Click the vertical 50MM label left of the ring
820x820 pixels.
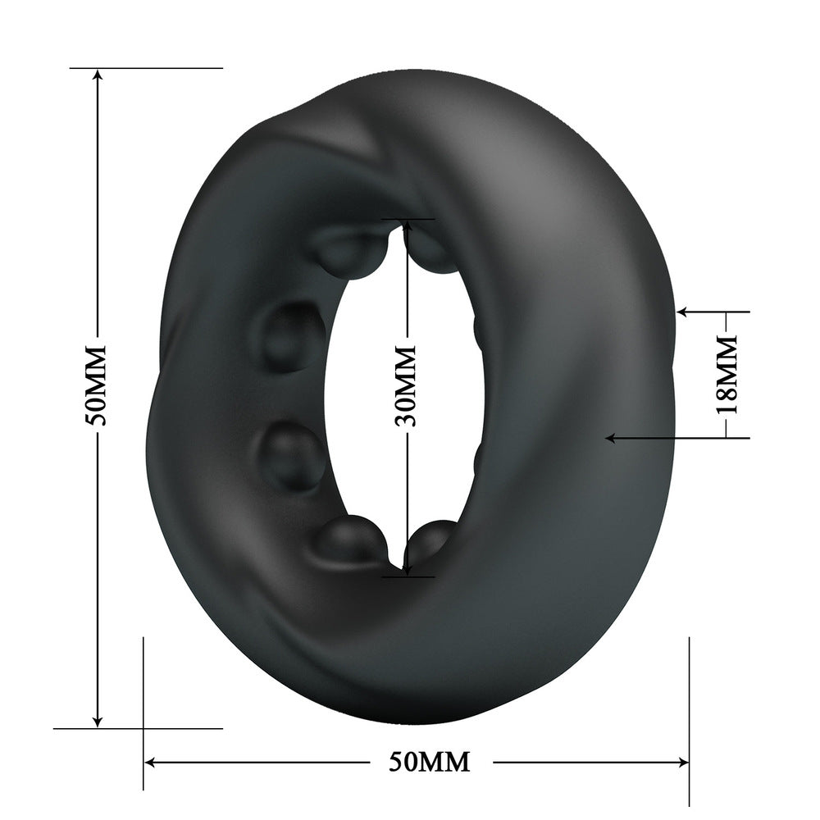(98, 385)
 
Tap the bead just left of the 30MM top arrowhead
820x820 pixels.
(350, 251)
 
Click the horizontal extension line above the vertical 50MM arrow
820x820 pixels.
(148, 68)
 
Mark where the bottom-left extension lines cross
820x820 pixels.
(143, 727)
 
